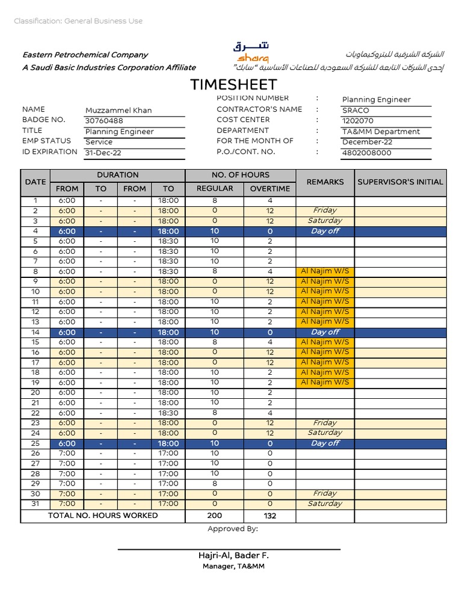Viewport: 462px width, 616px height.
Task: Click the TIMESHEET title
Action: pyautogui.click(x=233, y=84)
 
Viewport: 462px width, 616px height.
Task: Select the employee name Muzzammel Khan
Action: pyautogui.click(x=119, y=110)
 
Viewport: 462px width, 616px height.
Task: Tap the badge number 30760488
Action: pyautogui.click(x=104, y=120)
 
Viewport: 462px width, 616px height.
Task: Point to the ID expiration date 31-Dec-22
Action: pyautogui.click(x=103, y=153)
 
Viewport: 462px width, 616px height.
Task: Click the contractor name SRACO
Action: pyautogui.click(x=356, y=111)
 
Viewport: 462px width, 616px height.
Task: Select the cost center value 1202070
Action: pyautogui.click(x=357, y=121)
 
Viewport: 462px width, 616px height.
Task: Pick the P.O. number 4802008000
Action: pyautogui.click(x=366, y=153)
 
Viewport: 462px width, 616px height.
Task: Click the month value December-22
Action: pyautogui.click(x=367, y=142)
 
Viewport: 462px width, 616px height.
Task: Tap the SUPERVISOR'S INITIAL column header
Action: pyautogui.click(x=400, y=182)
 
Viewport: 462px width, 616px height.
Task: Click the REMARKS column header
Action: pyautogui.click(x=325, y=182)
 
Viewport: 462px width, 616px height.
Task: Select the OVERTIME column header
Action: pyautogui.click(x=269, y=188)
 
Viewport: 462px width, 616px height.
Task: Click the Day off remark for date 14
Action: pyautogui.click(x=325, y=332)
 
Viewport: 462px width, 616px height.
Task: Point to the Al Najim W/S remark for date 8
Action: pyautogui.click(x=325, y=271)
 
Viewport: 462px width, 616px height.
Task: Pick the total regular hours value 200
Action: pyautogui.click(x=214, y=516)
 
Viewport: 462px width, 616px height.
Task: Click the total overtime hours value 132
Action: pyautogui.click(x=269, y=516)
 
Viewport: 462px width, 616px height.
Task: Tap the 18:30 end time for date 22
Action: pyautogui.click(x=168, y=413)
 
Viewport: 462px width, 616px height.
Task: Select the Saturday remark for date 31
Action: pyautogui.click(x=325, y=504)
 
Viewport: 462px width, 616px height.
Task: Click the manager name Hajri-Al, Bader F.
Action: pyautogui.click(x=233, y=555)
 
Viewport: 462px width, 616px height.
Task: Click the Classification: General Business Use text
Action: pyautogui.click(x=78, y=21)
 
